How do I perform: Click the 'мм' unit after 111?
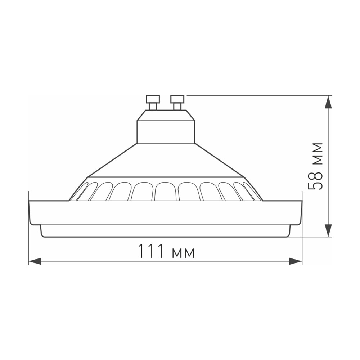tap(183, 253)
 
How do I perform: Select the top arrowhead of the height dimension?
tap(328, 102)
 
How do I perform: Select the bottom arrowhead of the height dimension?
tap(328, 230)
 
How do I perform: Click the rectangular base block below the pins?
tap(166, 131)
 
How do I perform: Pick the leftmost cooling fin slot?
tap(80, 191)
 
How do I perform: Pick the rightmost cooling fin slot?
tap(252, 191)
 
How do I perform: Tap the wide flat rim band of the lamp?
tap(165, 212)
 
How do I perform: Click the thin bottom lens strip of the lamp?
tap(165, 231)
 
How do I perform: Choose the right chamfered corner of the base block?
tap(191, 115)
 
